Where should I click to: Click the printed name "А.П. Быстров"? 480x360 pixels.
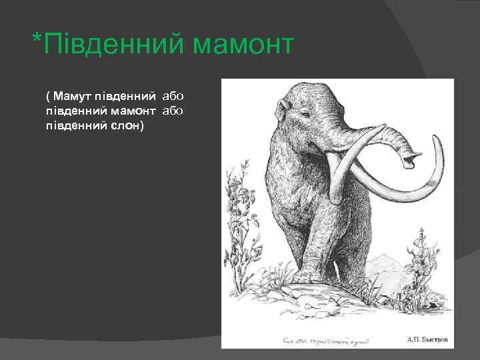(x=427, y=339)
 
